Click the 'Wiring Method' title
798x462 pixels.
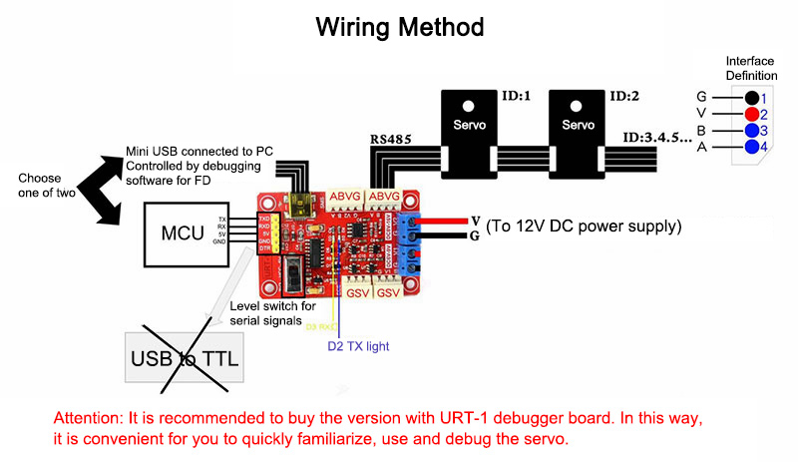coord(400,26)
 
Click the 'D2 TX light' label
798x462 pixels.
coord(358,346)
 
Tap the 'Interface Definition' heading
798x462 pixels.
coord(750,67)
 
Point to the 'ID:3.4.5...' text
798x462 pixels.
coord(657,137)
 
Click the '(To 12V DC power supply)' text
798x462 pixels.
coord(583,227)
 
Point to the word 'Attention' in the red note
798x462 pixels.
coord(89,418)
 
